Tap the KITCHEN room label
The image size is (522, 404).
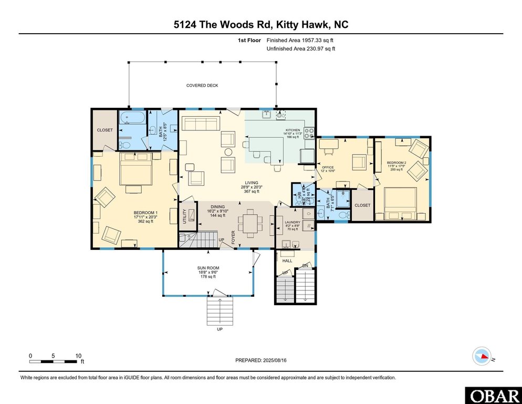pyautogui.click(x=293, y=130)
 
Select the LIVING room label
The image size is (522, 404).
pyautogui.click(x=244, y=183)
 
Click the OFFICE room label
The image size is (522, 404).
pyautogui.click(x=328, y=167)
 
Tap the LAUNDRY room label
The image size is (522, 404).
pyautogui.click(x=292, y=222)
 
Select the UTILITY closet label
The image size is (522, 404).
pyautogui.click(x=184, y=217)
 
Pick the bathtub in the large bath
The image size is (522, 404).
pyautogui.click(x=132, y=118)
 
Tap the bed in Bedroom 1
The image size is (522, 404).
pyautogui.click(x=135, y=169)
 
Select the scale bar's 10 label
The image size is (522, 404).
pyautogui.click(x=78, y=355)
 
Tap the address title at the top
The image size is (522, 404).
pyautogui.click(x=261, y=24)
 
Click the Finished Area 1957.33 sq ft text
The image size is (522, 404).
pyautogui.click(x=300, y=40)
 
